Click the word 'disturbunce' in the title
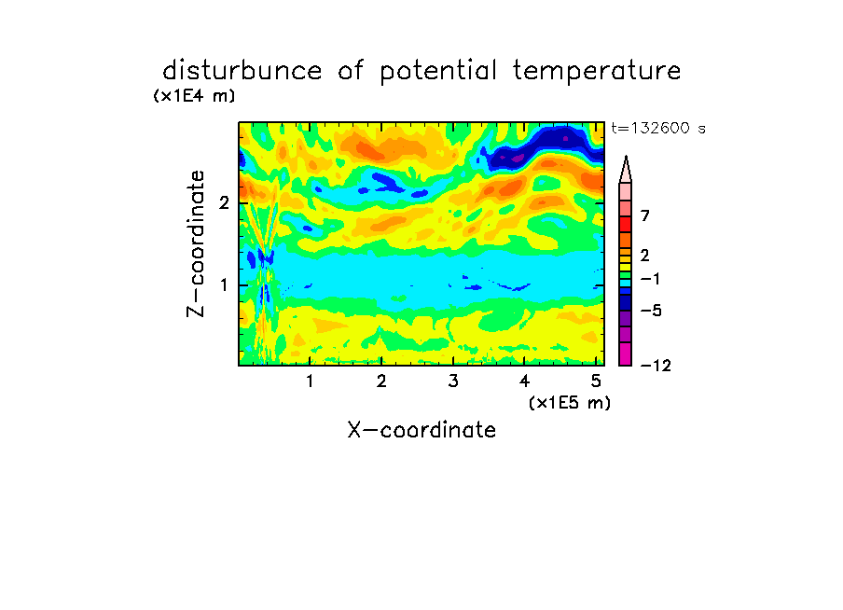(242, 70)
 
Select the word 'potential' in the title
(438, 71)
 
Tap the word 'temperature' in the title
(597, 71)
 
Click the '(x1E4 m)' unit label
(194, 96)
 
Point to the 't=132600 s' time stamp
(658, 128)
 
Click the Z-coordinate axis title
(196, 243)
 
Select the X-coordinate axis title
(421, 430)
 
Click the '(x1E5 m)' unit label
(570, 402)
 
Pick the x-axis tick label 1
(310, 381)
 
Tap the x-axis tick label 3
(453, 381)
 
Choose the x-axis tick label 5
(596, 381)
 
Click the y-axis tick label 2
(224, 202)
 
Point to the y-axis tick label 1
(224, 284)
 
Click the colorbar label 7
(645, 215)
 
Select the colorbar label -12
(656, 366)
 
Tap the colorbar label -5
(651, 311)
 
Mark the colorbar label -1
(650, 279)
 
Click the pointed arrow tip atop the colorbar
(626, 157)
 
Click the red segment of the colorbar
(626, 224)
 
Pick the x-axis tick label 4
(525, 381)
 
